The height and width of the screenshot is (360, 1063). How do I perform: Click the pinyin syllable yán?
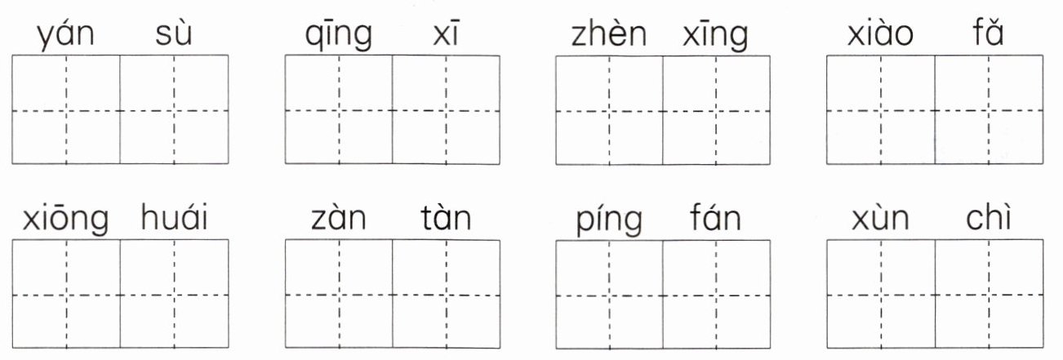66,36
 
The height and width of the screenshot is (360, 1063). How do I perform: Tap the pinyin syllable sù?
173,36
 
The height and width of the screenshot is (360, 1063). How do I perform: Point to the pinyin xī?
446,36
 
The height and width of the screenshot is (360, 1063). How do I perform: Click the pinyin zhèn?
609,36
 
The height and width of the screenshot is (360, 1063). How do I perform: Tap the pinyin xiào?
880,36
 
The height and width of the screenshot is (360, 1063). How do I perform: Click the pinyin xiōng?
66,220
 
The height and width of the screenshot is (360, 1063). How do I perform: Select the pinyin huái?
174,219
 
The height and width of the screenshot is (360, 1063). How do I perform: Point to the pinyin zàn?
339,219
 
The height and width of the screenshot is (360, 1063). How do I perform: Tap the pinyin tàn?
446,219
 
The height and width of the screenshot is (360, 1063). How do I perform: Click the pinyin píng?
609,220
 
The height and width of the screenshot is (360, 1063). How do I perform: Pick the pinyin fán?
715,219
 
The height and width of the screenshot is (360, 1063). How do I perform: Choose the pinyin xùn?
880,219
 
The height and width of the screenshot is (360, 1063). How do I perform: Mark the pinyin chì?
988,219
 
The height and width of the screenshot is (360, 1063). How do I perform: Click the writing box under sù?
174,109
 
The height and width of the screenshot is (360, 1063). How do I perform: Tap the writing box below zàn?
339,293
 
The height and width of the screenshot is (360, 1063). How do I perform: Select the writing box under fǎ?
989,109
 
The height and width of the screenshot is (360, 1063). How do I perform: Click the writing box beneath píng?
609,293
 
